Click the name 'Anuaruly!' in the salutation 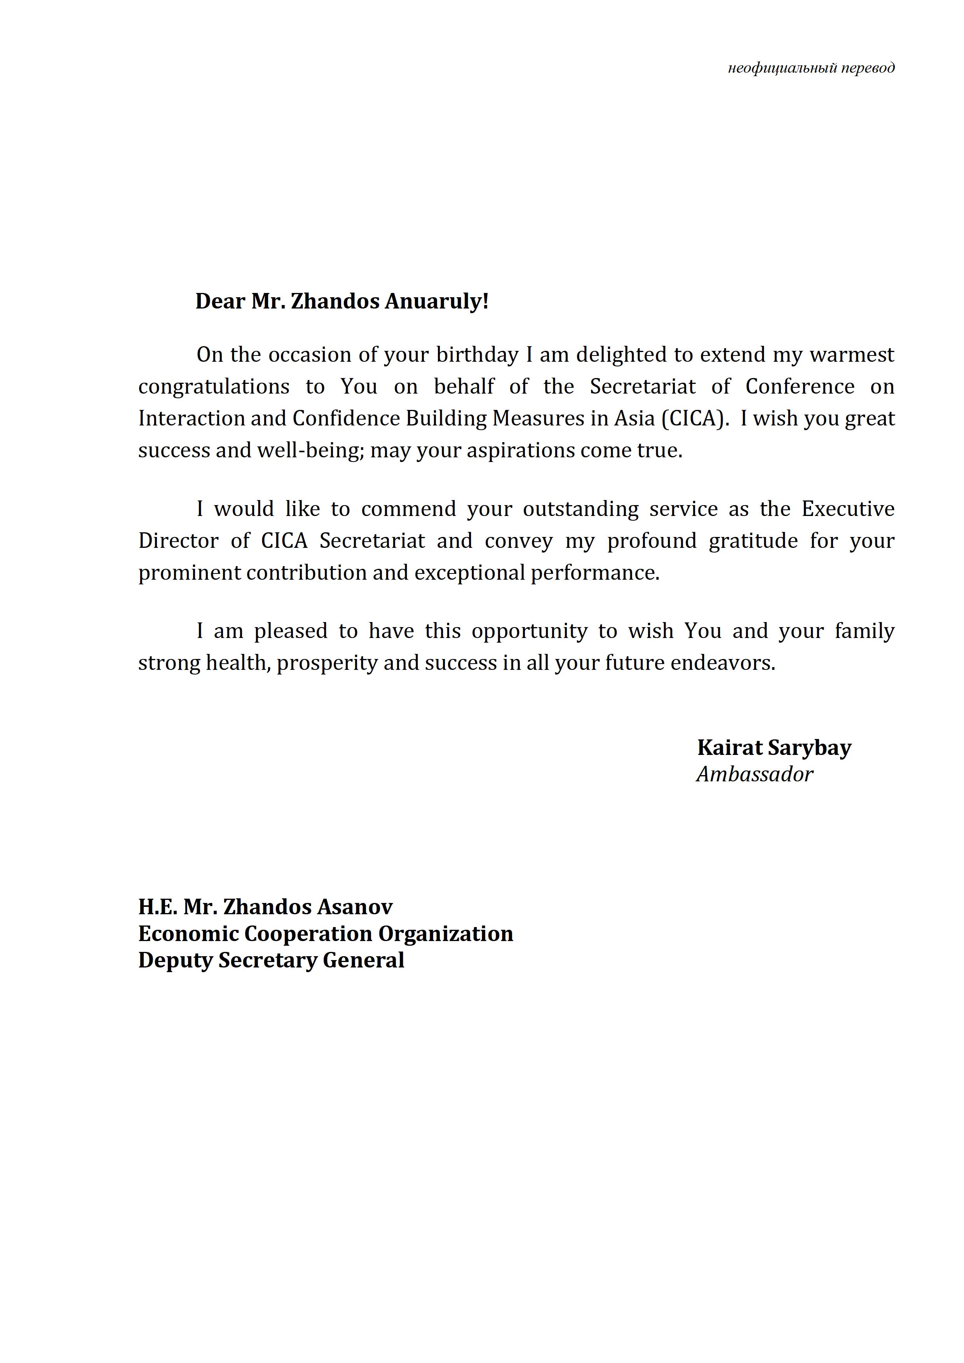tap(436, 302)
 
